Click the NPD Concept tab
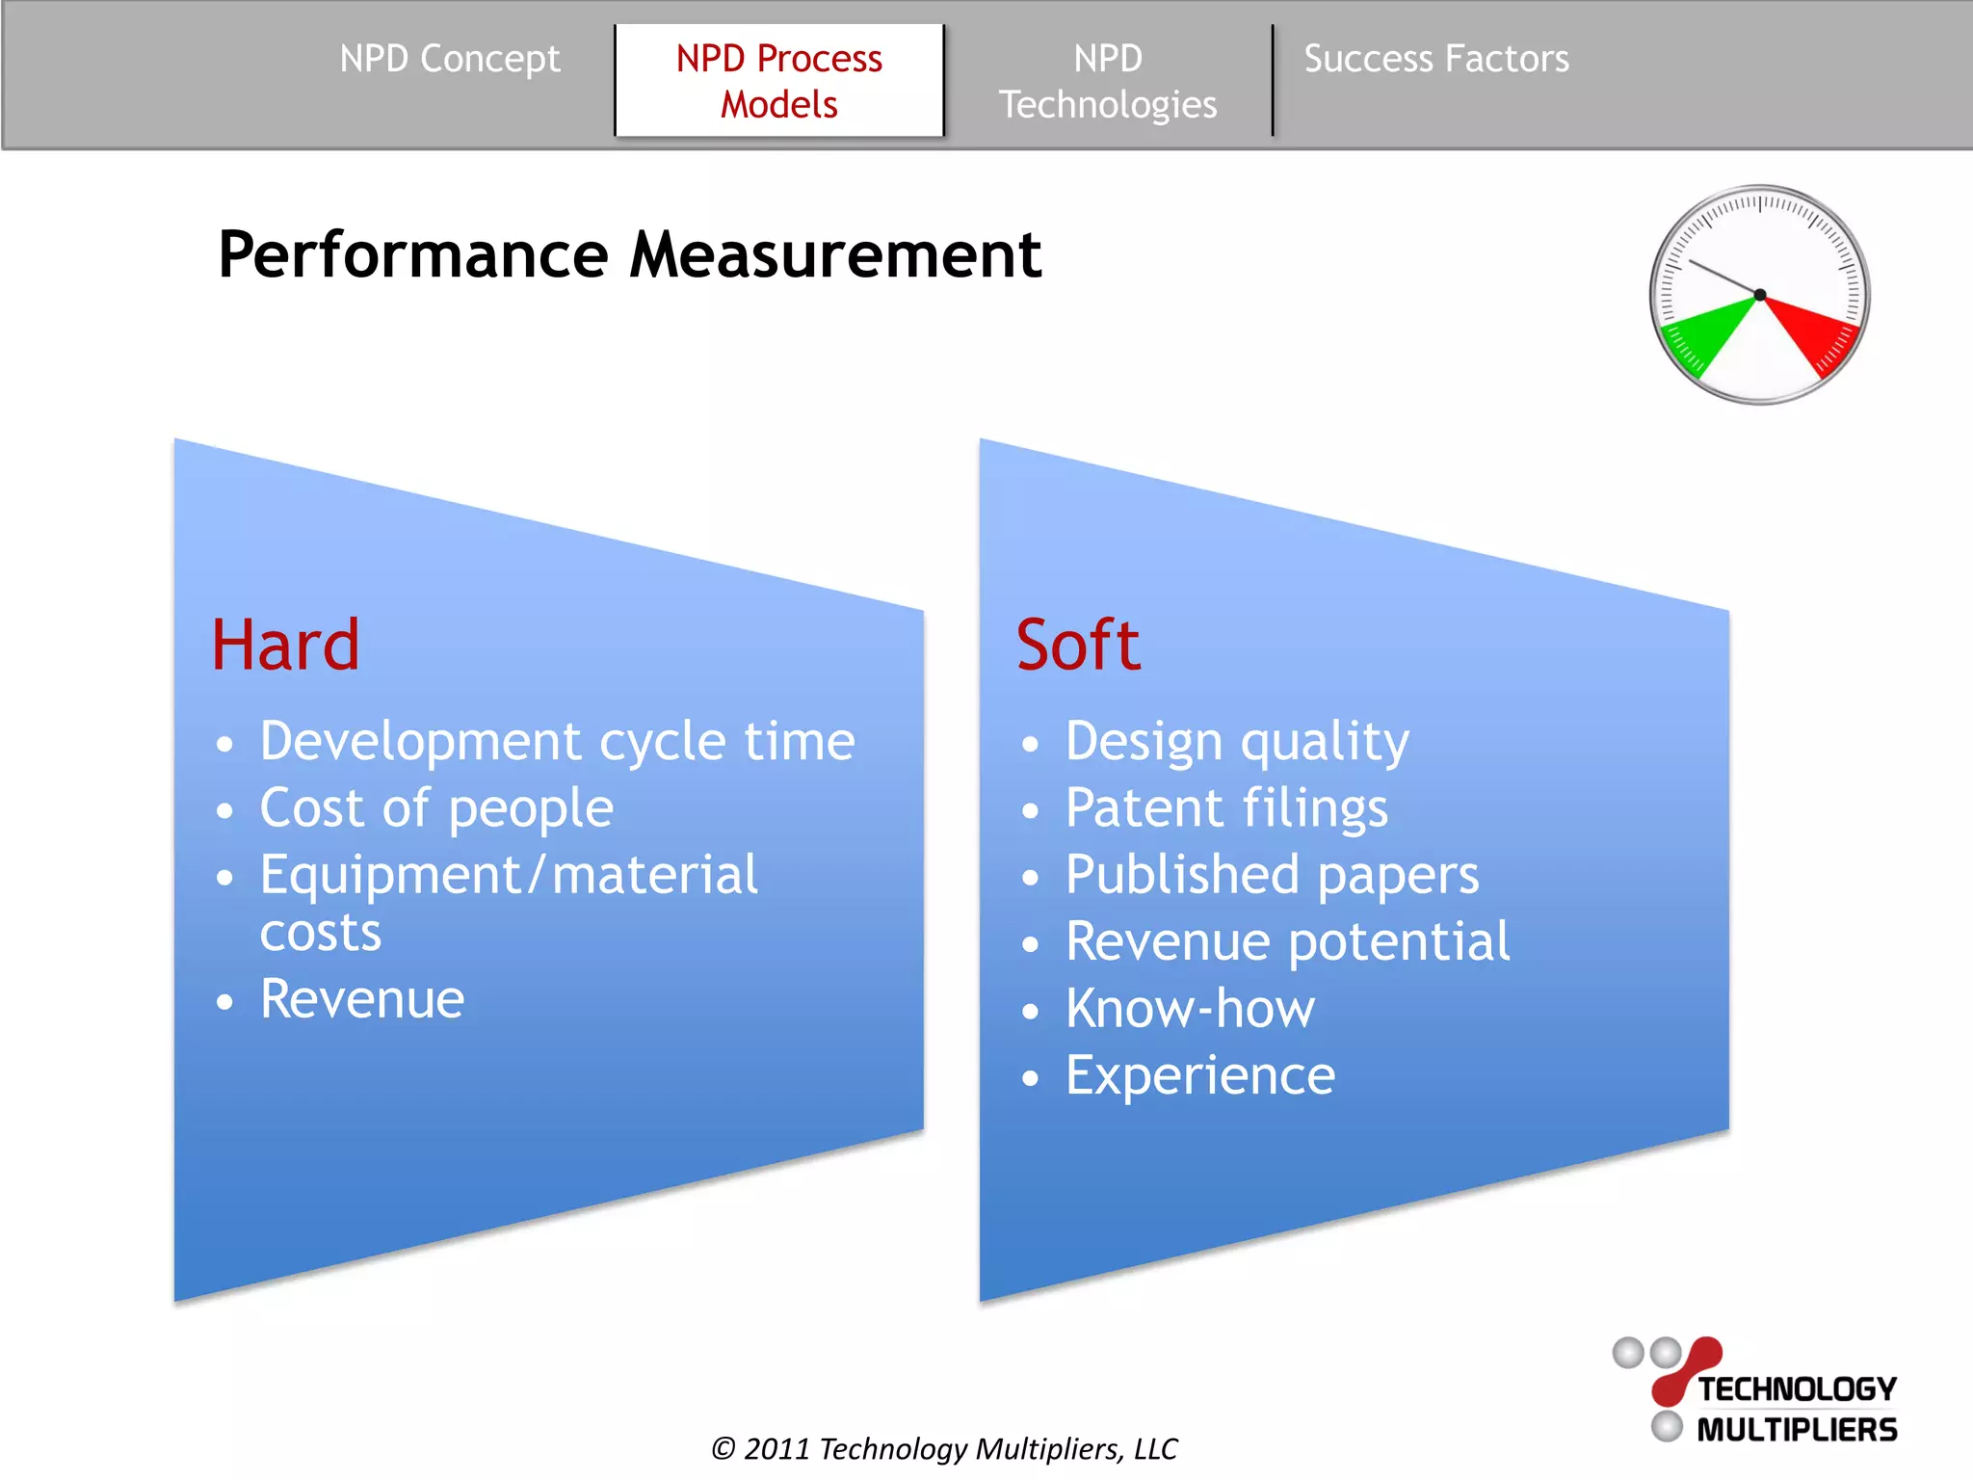point(449,59)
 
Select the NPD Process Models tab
point(778,81)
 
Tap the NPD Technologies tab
point(1108,81)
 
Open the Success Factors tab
point(1435,59)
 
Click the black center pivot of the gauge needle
point(1760,295)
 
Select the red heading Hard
point(285,645)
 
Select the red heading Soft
point(1078,645)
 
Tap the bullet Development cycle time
point(557,742)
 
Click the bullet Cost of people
point(436,807)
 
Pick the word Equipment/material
point(509,875)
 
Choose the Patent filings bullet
point(1226,807)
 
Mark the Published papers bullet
point(1272,875)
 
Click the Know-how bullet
point(1190,1008)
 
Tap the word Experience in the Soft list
point(1200,1075)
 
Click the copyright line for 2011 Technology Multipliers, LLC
point(944,1448)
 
